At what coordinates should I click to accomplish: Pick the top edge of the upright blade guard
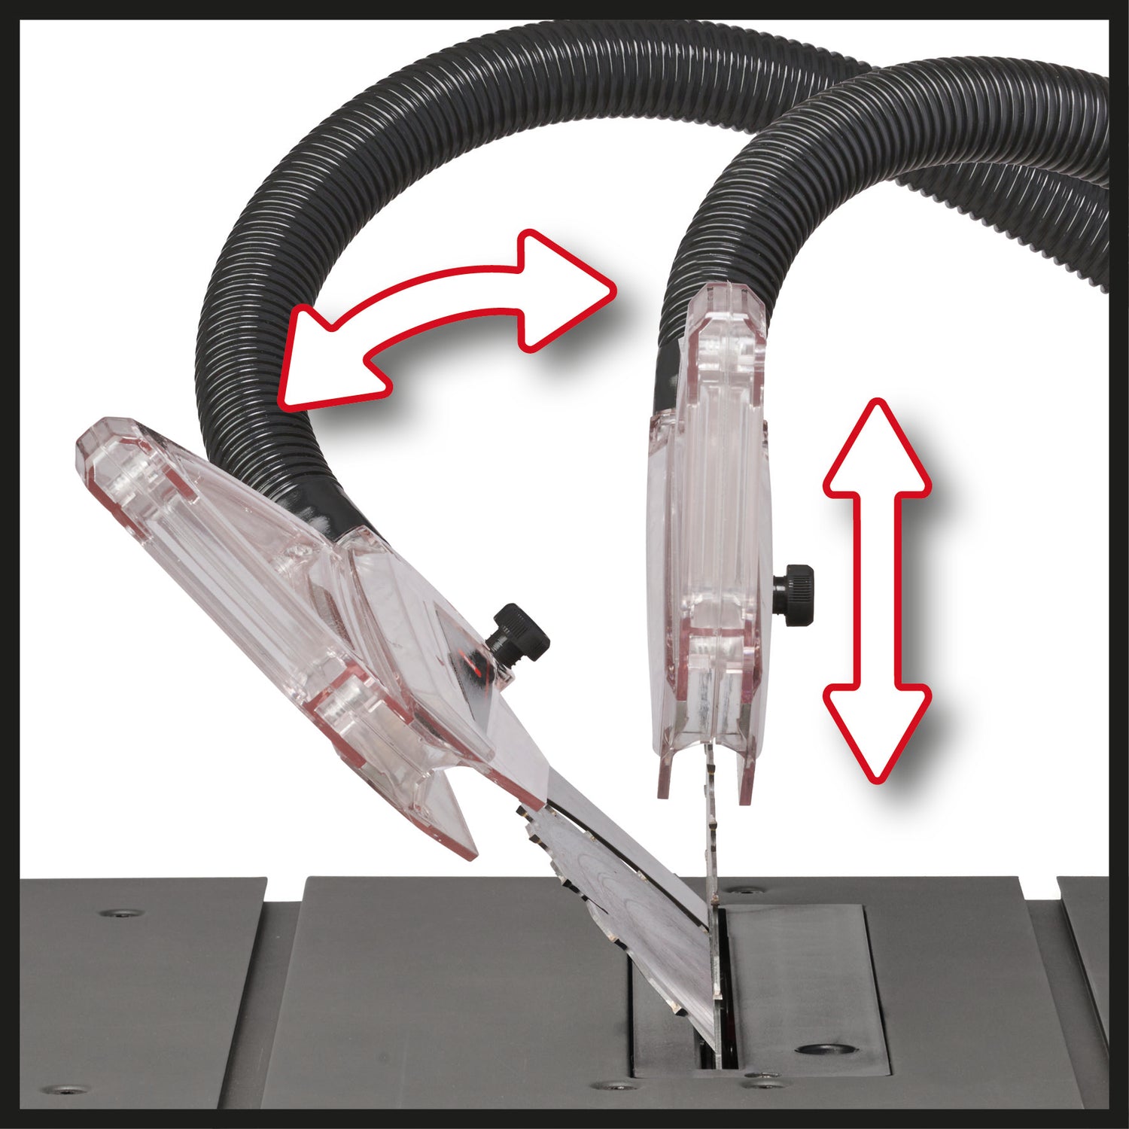click(x=726, y=290)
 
